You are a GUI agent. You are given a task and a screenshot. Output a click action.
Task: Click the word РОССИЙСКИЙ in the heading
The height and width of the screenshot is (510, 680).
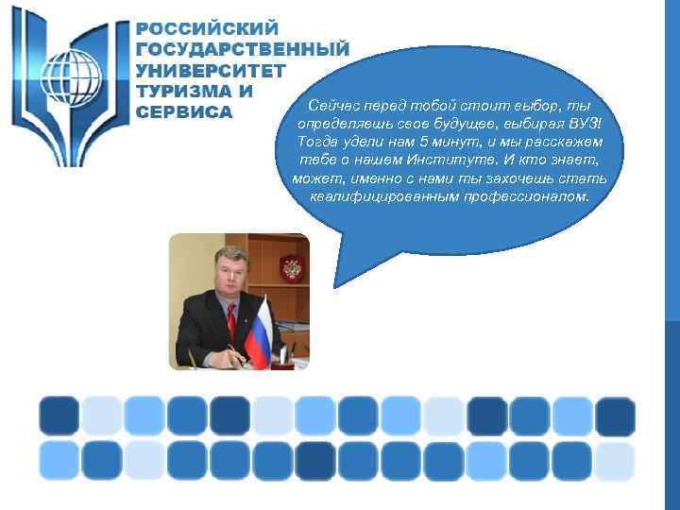[x=208, y=28]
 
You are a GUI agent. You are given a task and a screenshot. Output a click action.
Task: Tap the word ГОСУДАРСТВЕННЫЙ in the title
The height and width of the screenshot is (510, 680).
[x=243, y=49]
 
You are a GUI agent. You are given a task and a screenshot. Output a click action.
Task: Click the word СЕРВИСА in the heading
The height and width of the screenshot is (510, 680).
[x=184, y=111]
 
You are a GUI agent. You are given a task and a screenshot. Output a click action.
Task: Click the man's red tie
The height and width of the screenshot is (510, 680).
[x=231, y=321]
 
